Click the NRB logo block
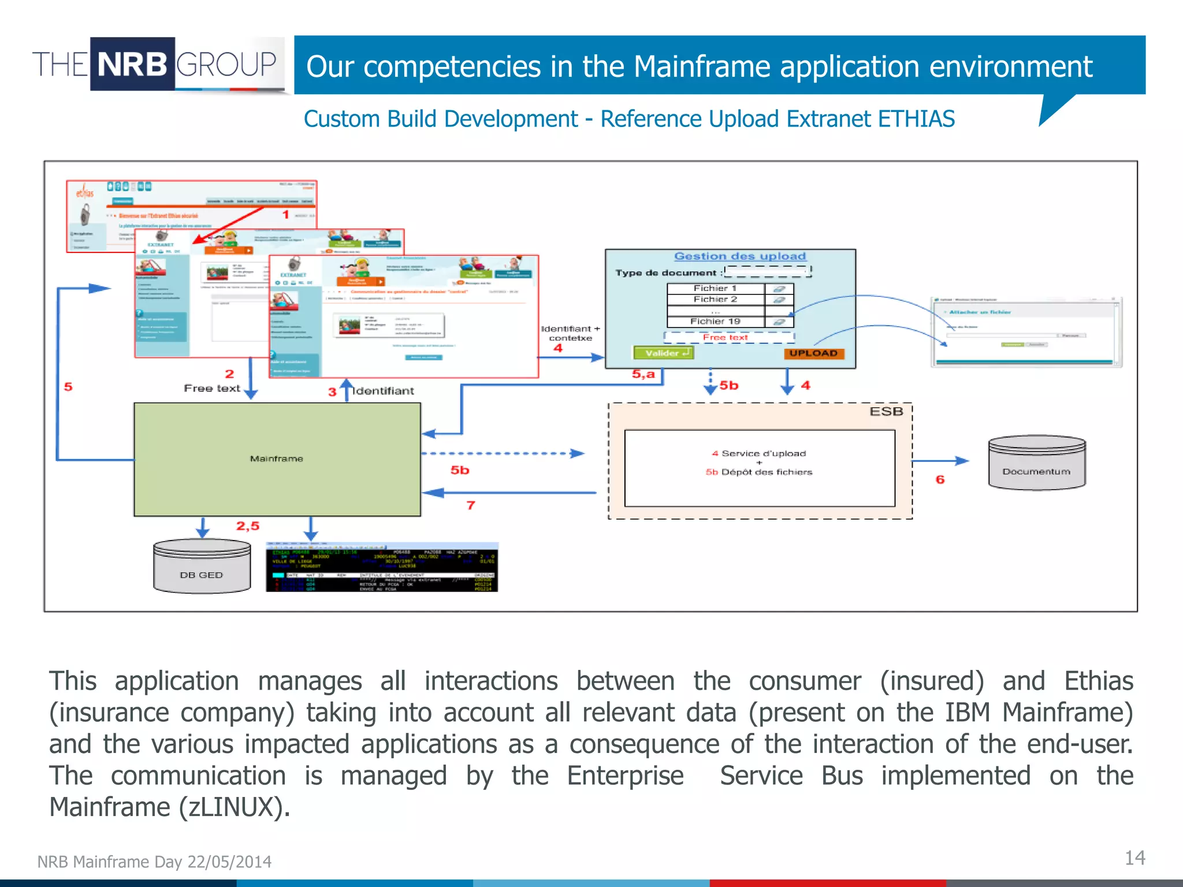point(132,64)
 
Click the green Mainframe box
point(277,459)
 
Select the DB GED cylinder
point(202,568)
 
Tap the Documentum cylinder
point(1037,464)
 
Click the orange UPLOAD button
point(813,353)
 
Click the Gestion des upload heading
point(740,256)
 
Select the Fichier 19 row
point(715,322)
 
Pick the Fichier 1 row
point(715,288)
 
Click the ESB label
point(886,412)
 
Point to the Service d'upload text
point(763,454)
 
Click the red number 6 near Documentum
point(940,480)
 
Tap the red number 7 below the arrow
point(471,506)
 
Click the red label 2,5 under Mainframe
point(248,526)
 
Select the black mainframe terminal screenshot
point(382,567)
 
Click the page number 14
point(1134,858)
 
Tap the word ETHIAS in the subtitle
point(916,119)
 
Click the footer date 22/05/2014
point(229,862)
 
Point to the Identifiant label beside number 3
point(384,391)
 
